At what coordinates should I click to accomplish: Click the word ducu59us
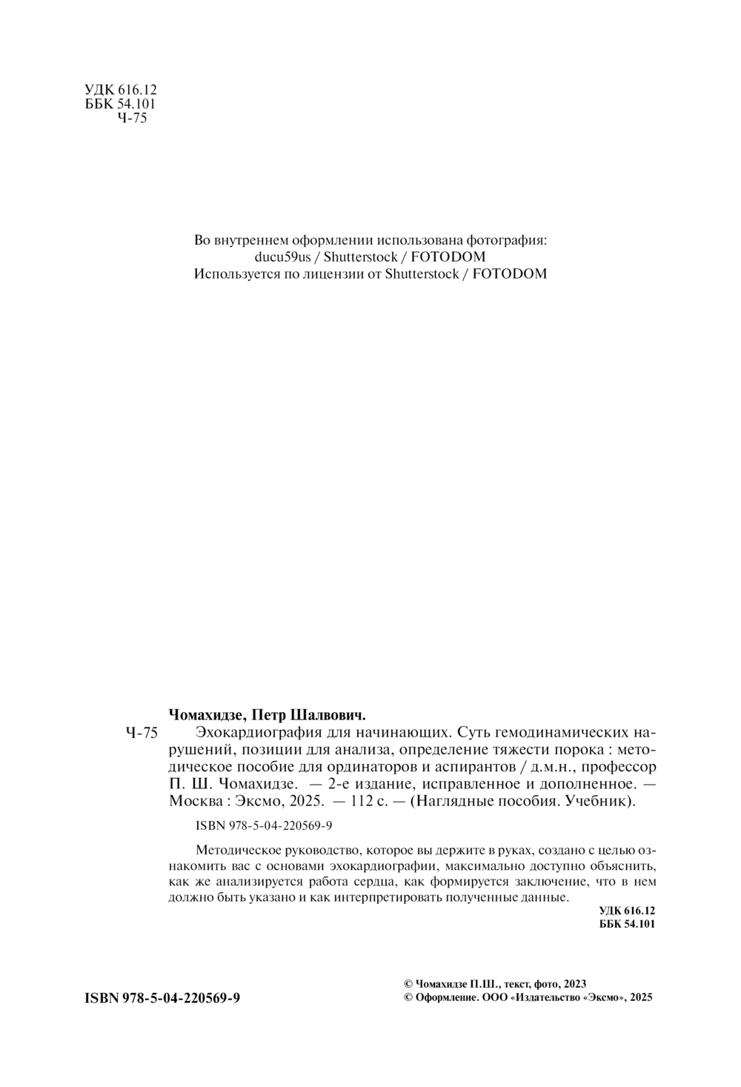(x=282, y=257)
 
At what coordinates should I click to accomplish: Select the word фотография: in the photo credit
(x=506, y=240)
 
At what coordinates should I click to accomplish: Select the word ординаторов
(x=403, y=767)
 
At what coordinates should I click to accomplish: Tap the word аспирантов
(x=502, y=767)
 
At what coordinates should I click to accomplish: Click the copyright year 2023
(x=575, y=984)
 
